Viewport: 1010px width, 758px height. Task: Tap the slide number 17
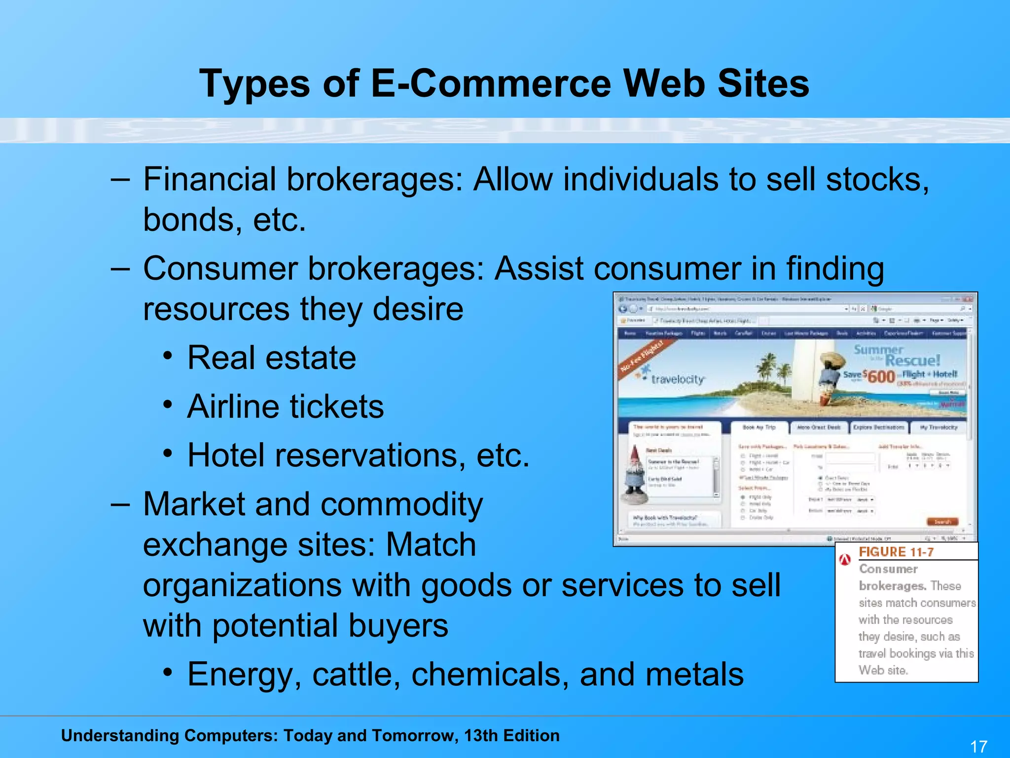(978, 746)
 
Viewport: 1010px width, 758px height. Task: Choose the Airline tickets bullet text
(285, 406)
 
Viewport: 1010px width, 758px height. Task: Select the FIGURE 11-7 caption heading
(896, 552)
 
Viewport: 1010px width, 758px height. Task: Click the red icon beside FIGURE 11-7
(845, 559)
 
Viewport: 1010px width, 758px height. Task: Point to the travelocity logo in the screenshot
(677, 379)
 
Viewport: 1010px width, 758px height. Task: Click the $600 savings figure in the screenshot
(880, 376)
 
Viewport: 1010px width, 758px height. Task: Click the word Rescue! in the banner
(912, 361)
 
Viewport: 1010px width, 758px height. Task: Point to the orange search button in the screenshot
(942, 522)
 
